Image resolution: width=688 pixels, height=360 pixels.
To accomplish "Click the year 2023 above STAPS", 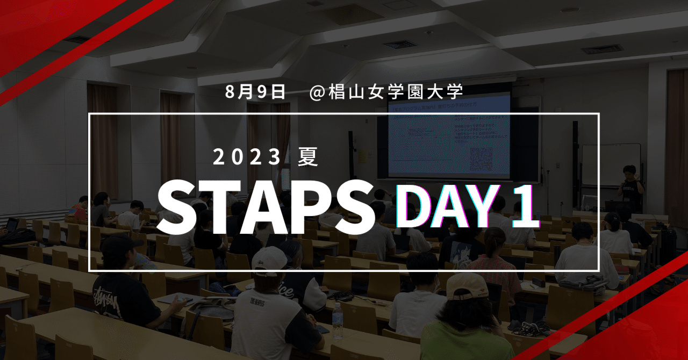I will click(247, 157).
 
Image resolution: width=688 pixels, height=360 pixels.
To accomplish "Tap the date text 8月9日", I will click(255, 92).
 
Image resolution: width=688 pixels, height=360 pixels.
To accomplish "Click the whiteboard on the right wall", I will click(611, 164).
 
